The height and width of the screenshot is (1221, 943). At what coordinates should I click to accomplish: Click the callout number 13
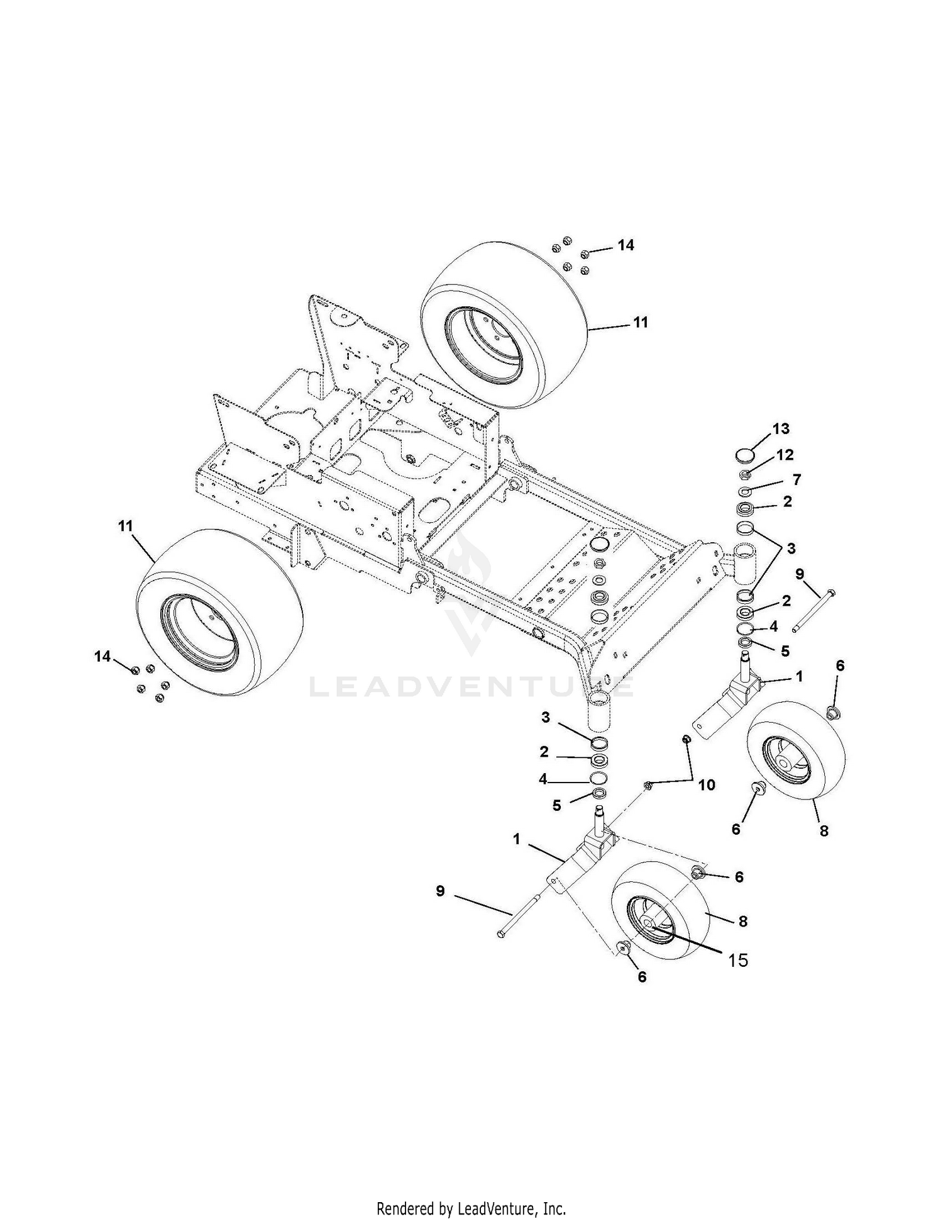pyautogui.click(x=780, y=429)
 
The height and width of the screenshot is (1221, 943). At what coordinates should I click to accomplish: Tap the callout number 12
pyautogui.click(x=785, y=455)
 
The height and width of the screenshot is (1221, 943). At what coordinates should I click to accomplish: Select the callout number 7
pyautogui.click(x=797, y=480)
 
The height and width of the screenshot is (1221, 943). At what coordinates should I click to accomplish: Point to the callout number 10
pyautogui.click(x=707, y=784)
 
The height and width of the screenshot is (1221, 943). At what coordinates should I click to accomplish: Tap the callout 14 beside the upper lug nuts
pyautogui.click(x=626, y=245)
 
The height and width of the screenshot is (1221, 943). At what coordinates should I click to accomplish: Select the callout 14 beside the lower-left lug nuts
pyautogui.click(x=102, y=657)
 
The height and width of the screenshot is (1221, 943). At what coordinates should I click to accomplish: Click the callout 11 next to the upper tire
pyautogui.click(x=640, y=322)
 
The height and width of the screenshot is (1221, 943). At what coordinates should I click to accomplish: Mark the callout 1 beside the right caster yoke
pyautogui.click(x=799, y=676)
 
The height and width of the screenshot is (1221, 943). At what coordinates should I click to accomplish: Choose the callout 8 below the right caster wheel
pyautogui.click(x=824, y=830)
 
